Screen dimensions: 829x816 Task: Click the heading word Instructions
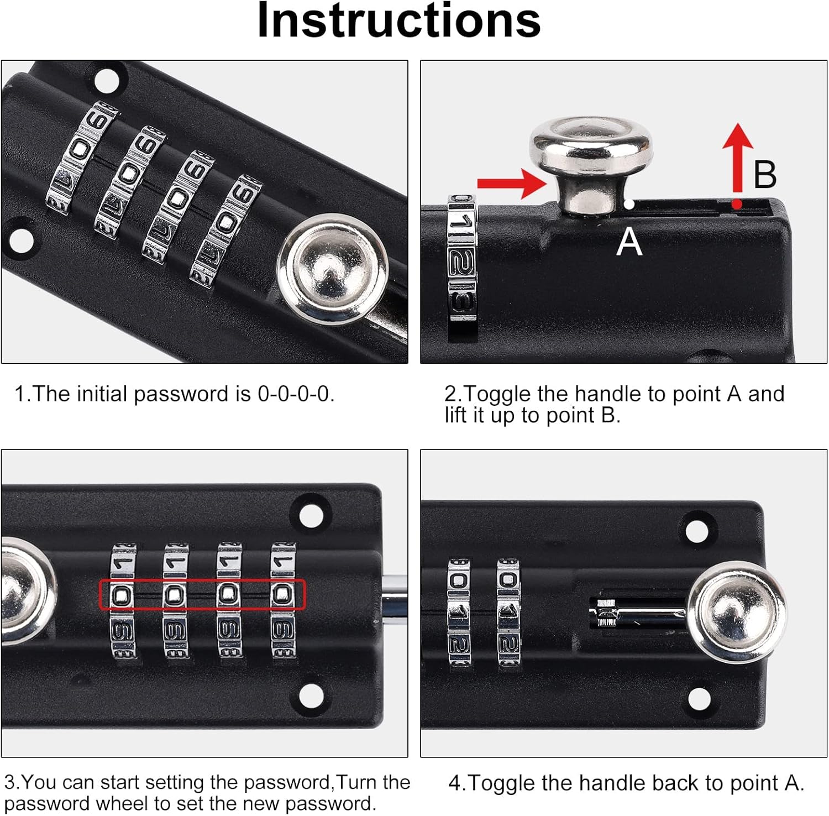click(x=399, y=20)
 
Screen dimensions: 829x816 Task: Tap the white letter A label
click(x=629, y=242)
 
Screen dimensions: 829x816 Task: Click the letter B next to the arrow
click(x=765, y=174)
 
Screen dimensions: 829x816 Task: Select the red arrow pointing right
click(x=512, y=184)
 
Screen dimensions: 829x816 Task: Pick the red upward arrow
click(x=737, y=158)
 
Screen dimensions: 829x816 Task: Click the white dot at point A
click(x=629, y=205)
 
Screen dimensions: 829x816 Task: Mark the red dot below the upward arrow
click(x=737, y=205)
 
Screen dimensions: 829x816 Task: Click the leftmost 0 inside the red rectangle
click(x=123, y=595)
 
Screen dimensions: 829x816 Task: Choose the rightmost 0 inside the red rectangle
click(x=283, y=594)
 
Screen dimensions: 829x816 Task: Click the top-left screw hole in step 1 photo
click(x=107, y=80)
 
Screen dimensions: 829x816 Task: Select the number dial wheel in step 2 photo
click(x=461, y=258)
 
